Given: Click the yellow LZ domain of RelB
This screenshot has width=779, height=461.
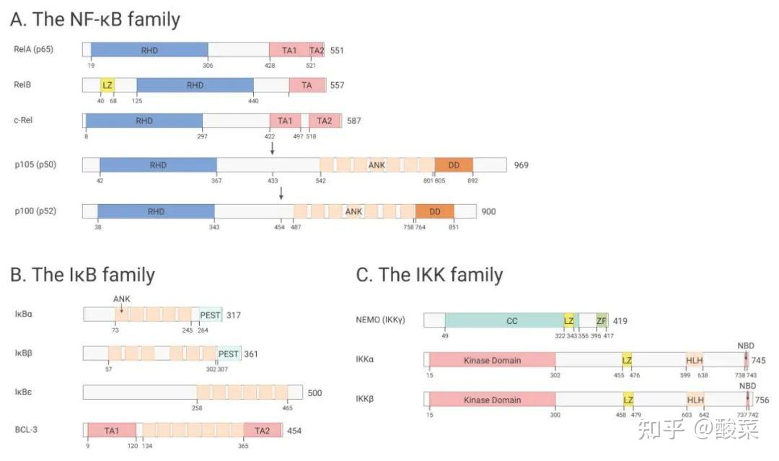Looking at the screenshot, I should click(107, 85).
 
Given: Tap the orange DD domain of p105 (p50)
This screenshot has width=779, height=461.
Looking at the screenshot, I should click(454, 165).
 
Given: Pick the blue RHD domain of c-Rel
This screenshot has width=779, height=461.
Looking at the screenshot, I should click(144, 120).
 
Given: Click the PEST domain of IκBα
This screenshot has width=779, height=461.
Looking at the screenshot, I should click(211, 315).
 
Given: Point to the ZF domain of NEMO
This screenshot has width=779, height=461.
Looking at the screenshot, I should click(602, 320).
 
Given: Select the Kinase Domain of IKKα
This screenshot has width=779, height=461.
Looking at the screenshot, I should click(492, 360).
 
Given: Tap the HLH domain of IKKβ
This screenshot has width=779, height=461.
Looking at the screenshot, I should click(695, 400).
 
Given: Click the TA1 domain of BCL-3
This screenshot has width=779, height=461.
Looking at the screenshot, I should click(111, 431).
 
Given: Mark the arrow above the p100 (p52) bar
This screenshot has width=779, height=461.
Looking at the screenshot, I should click(281, 193).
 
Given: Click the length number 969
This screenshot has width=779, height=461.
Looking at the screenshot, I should click(521, 165).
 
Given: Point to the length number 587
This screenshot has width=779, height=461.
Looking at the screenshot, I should click(353, 120).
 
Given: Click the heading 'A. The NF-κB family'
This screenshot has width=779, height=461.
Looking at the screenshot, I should click(94, 19).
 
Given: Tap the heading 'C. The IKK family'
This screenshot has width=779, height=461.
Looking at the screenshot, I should click(429, 275).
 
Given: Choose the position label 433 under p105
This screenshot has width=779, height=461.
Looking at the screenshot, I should click(273, 181).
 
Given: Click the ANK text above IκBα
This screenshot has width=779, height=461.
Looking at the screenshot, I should click(121, 299).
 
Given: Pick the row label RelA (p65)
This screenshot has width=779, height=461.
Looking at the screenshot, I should click(33, 49).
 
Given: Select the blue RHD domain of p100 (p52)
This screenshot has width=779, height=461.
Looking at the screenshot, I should click(156, 211).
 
